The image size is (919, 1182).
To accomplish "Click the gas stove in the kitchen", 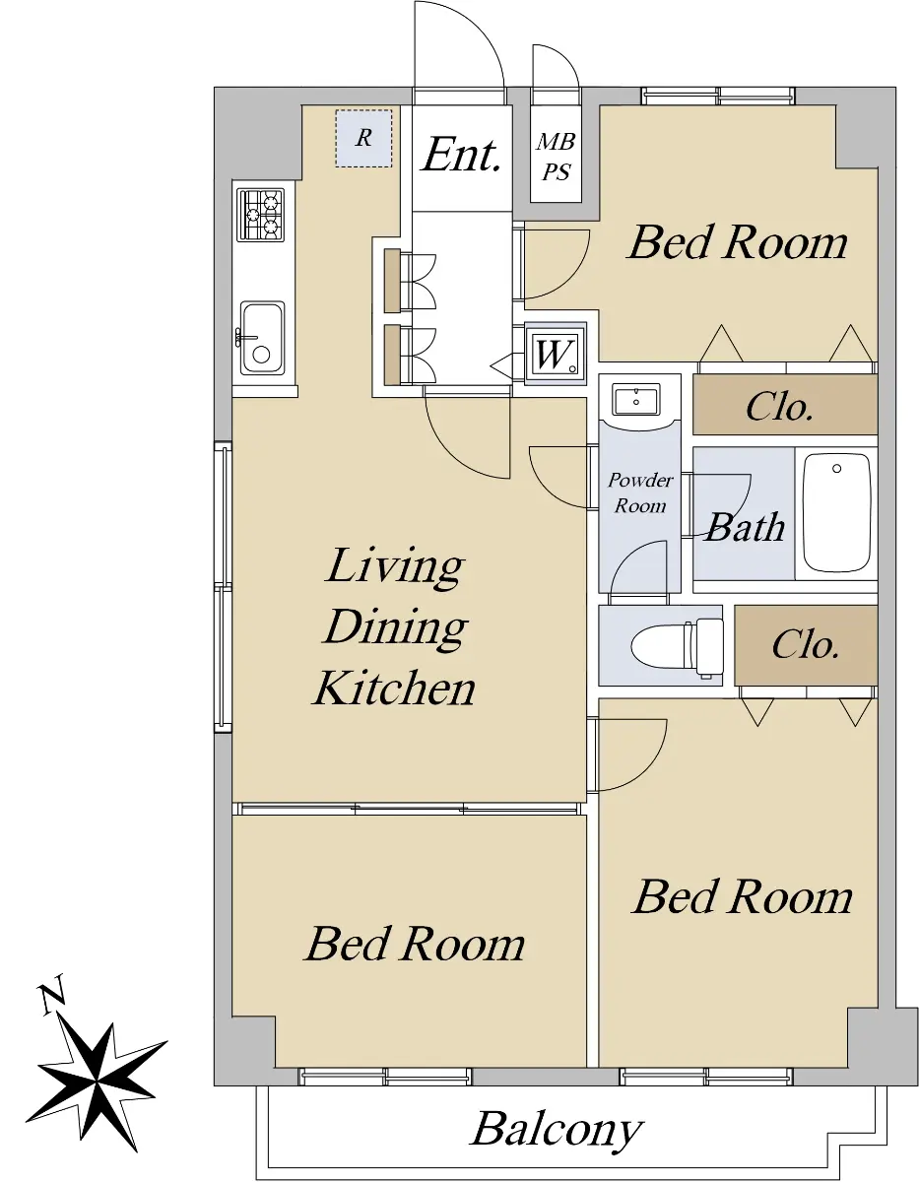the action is [260, 216].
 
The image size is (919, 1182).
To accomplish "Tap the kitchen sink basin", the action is [262, 337].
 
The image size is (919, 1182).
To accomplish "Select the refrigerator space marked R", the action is [363, 138].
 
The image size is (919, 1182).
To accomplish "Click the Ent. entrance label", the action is [462, 155].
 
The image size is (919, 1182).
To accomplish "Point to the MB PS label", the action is [556, 158].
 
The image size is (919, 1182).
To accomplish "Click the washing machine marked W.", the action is [556, 355].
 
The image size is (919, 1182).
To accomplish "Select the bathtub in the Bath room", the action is [836, 512].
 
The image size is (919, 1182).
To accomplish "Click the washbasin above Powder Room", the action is [635, 400].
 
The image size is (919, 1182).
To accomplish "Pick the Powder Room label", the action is [640, 492].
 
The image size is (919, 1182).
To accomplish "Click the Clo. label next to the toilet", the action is [805, 645].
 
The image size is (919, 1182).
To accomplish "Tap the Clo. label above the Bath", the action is [779, 407].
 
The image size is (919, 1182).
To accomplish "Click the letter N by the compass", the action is [52, 995].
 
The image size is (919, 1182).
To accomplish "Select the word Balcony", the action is [557, 1129].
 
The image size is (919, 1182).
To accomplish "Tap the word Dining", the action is [395, 627].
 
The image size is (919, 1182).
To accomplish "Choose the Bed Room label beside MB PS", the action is [738, 241].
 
